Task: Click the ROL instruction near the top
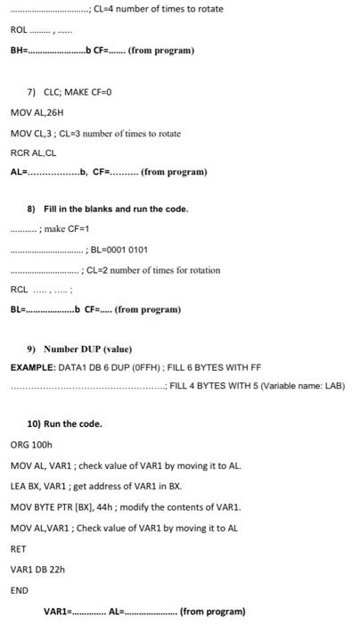pos(19,30)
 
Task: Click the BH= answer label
pos(19,50)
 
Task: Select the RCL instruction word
pos(19,290)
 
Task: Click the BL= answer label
pos(18,309)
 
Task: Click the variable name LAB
pos(333,386)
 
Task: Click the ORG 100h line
pos(32,444)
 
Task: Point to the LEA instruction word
pos(18,486)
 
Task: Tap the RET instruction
pos(19,549)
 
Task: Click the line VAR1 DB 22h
pos(37,570)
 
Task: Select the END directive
pos(20,590)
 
